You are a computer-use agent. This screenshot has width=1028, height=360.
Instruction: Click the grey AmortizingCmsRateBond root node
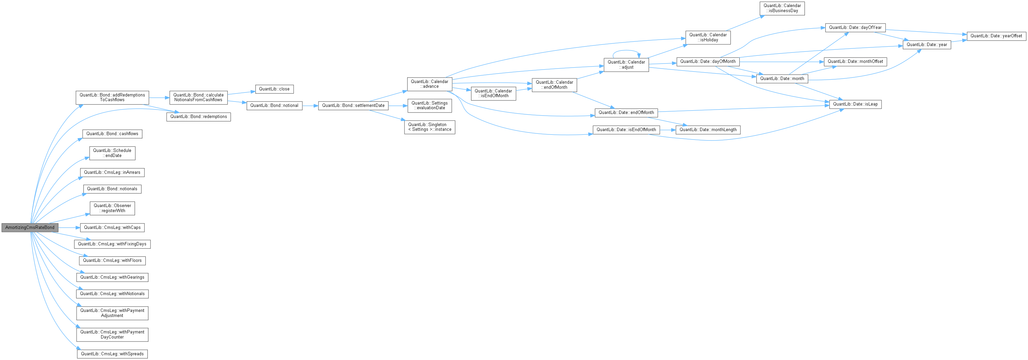pyautogui.click(x=30, y=228)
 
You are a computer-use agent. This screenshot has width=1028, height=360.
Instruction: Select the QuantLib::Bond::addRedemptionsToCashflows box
pyautogui.click(x=112, y=97)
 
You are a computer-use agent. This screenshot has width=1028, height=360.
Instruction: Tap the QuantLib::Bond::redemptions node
pyautogui.click(x=198, y=117)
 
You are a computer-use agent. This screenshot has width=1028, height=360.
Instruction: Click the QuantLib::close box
pyautogui.click(x=274, y=89)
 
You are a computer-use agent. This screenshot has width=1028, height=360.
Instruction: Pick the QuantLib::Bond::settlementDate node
pyautogui.click(x=353, y=105)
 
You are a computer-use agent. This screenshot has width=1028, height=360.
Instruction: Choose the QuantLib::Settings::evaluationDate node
pyautogui.click(x=429, y=105)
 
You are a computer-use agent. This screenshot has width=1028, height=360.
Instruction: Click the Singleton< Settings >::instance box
pyautogui.click(x=429, y=127)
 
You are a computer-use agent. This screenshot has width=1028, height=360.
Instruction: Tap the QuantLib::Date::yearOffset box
pyautogui.click(x=996, y=36)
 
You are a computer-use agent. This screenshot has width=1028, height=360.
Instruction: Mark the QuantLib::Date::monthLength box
pyautogui.click(x=708, y=130)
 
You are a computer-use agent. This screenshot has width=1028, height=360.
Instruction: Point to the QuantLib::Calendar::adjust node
pyautogui.click(x=626, y=65)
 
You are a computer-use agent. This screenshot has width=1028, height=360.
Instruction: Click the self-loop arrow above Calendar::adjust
pyautogui.click(x=626, y=51)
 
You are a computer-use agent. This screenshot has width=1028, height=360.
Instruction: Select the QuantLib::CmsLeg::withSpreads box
pyautogui.click(x=112, y=354)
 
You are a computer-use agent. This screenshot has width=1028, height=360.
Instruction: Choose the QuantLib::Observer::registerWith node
pyautogui.click(x=112, y=208)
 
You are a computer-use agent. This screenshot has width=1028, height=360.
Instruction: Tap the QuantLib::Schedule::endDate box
pyautogui.click(x=112, y=153)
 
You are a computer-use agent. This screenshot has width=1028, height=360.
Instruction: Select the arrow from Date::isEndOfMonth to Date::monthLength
pyautogui.click(x=668, y=130)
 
